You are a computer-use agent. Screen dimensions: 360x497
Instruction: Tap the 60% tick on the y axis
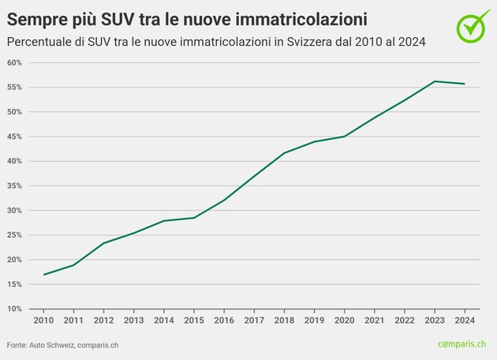15,62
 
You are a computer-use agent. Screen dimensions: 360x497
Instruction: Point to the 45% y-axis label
15,137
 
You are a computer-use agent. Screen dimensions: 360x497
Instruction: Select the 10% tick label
15,309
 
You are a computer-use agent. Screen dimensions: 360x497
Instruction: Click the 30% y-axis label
15,211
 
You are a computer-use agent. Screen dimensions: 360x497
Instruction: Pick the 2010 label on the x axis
43,321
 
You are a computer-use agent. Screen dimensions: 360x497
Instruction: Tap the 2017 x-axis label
254,321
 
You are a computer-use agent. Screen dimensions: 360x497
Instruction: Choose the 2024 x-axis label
465,321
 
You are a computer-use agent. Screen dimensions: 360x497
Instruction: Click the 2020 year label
344,321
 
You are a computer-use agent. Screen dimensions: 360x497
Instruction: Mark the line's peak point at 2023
435,81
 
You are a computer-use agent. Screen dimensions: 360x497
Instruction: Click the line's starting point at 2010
44,275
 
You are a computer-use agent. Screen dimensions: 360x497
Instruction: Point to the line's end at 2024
465,84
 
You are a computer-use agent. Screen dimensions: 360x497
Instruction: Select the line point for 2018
284,152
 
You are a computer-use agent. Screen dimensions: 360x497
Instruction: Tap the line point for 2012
104,243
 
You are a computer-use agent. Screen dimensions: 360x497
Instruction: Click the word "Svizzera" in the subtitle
305,41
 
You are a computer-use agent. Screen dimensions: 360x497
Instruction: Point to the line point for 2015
194,218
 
